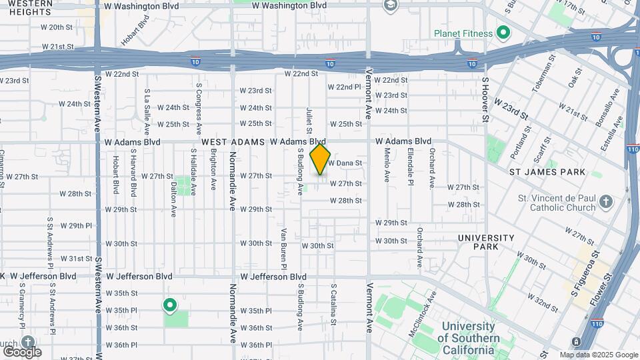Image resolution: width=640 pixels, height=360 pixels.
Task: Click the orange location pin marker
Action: pos(321,159)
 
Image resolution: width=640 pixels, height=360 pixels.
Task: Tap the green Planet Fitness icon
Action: pos(505,33)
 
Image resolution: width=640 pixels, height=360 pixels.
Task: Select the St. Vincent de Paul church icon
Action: pos(605,201)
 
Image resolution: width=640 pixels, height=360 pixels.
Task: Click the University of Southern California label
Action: pos(469,332)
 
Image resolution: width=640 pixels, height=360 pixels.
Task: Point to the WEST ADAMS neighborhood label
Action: pos(233,142)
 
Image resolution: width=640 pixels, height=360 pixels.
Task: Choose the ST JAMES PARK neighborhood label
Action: pos(547,172)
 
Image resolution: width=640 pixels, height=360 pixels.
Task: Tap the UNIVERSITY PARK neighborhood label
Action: pos(486,242)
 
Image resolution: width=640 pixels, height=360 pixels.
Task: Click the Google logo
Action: pos(21,351)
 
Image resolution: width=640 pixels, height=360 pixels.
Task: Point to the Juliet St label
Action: pos(309,120)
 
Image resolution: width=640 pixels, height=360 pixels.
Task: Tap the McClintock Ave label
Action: pos(424,313)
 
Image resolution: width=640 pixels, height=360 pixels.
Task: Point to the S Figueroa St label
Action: pos(585,273)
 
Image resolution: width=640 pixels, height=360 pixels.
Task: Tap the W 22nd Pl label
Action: pos(344,87)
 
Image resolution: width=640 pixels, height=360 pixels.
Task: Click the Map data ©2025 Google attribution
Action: pos(598,355)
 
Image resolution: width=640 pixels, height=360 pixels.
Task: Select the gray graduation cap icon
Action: pos(390,6)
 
